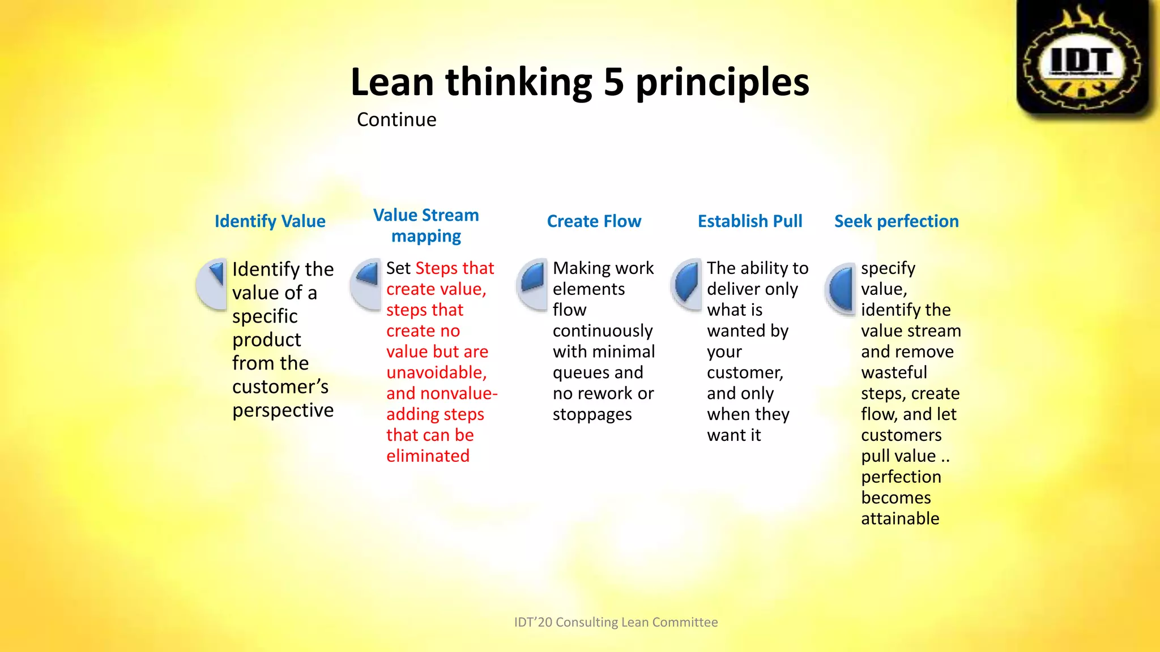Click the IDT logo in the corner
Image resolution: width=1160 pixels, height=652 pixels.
coord(1083,58)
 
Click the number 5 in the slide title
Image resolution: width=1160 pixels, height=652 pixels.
coord(613,82)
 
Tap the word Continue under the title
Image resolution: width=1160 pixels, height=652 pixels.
coord(396,120)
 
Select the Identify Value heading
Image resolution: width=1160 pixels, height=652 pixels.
coord(270,221)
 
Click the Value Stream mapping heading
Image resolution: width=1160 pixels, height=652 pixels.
coord(426,225)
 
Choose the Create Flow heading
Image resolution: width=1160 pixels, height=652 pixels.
coord(594,221)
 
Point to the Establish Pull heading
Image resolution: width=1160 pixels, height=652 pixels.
coord(749,221)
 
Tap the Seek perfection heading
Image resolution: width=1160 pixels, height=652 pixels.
coord(896,221)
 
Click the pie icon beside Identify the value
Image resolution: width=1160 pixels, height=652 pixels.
coord(212,284)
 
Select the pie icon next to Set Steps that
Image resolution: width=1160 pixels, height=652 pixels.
coord(366,284)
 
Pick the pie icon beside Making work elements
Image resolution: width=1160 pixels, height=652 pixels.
coord(532,284)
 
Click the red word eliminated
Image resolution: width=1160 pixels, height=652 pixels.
coord(428,456)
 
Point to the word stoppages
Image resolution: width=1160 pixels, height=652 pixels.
coord(592,415)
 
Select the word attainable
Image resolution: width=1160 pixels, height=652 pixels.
coord(900,519)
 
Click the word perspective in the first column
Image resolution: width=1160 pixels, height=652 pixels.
coord(283,411)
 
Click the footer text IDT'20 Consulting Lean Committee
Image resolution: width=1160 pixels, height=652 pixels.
coord(616,623)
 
